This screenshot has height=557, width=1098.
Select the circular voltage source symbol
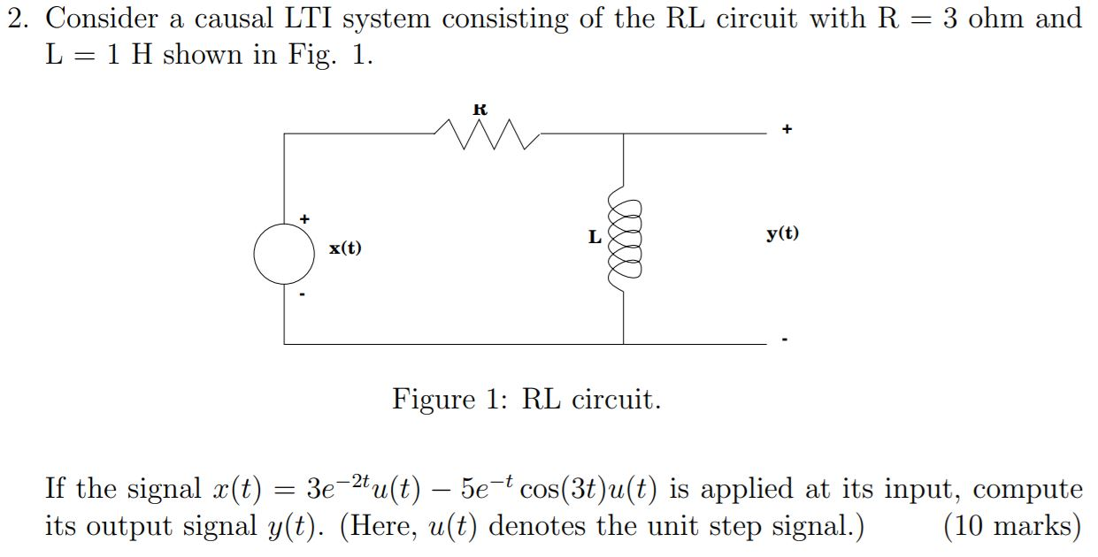(x=284, y=255)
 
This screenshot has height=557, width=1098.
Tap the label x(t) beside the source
(x=345, y=248)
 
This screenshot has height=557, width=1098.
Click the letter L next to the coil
(x=595, y=237)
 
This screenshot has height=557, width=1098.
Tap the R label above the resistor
(x=480, y=110)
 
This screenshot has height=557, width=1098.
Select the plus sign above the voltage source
(x=304, y=217)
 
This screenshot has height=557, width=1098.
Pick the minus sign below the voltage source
(x=303, y=294)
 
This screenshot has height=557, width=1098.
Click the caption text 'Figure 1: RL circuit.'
(x=526, y=400)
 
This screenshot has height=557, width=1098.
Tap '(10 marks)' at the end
(x=1012, y=526)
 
